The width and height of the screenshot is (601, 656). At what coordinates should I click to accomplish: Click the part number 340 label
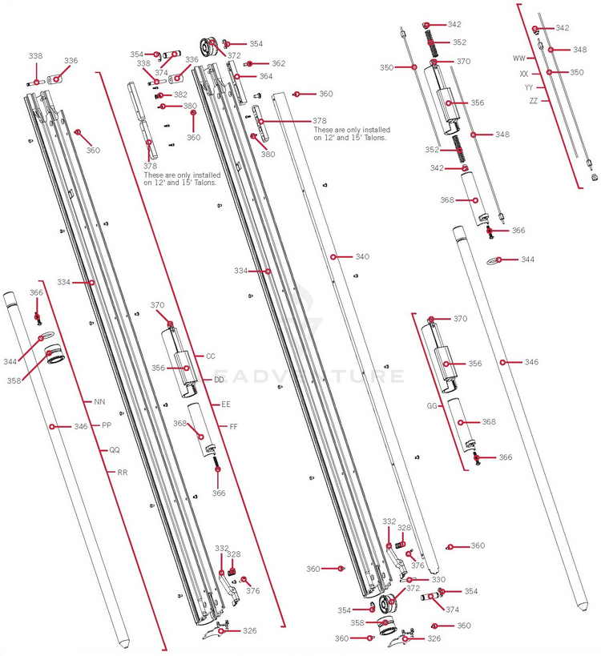pos(362,257)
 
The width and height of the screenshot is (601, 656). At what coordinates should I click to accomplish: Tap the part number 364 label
pos(265,77)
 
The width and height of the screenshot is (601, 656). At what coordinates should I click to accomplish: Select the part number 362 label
pos(277,63)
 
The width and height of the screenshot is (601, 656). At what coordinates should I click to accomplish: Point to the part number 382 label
pos(180,95)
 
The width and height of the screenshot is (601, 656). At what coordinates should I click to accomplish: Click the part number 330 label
pos(438,579)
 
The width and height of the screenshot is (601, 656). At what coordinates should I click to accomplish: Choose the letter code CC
pos(211,356)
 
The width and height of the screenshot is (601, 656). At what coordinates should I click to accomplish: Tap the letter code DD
pos(218,380)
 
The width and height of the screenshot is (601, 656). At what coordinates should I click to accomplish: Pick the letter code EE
pos(226,404)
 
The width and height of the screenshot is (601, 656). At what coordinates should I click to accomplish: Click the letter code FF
pos(233,427)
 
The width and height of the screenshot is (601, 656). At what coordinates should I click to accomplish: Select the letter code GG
pos(432,406)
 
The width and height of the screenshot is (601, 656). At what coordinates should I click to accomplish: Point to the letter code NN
pos(99,401)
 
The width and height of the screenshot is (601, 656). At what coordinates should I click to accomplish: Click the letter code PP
pos(107,425)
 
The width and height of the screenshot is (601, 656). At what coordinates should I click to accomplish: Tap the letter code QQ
pos(114,450)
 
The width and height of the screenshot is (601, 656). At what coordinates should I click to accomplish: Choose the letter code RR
pos(122,473)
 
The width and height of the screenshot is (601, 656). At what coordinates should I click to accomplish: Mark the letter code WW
pos(518,58)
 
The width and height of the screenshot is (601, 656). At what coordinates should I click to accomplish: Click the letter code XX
pos(524,73)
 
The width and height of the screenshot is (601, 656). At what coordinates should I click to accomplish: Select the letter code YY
pos(529,87)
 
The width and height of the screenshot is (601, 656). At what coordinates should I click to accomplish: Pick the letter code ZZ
pos(534,101)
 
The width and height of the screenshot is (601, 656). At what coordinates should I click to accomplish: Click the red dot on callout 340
pos(333,257)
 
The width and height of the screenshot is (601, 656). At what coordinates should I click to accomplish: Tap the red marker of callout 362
pos(251,63)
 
